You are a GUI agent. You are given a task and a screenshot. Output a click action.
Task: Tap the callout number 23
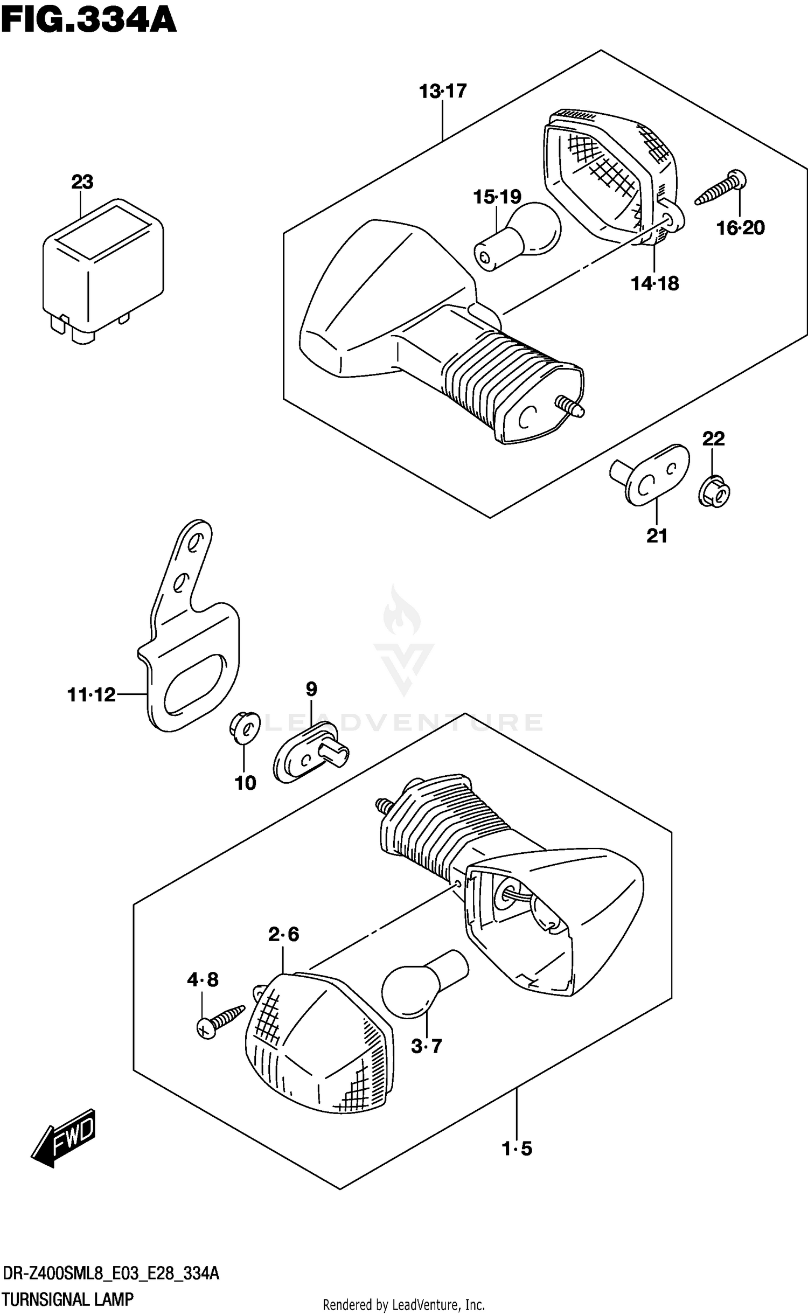[x=82, y=182]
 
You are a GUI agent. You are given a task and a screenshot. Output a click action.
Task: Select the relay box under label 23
[x=102, y=269]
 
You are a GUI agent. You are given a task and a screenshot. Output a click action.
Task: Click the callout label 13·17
[x=443, y=92]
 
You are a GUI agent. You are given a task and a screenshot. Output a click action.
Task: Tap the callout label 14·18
[x=654, y=283]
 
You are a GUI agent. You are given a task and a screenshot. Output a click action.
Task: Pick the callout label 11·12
[x=92, y=695]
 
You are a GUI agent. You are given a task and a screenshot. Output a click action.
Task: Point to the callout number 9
[x=311, y=688]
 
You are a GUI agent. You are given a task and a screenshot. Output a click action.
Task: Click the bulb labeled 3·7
[x=420, y=986]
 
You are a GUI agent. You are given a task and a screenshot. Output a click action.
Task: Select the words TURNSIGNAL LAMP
[x=67, y=1299]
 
